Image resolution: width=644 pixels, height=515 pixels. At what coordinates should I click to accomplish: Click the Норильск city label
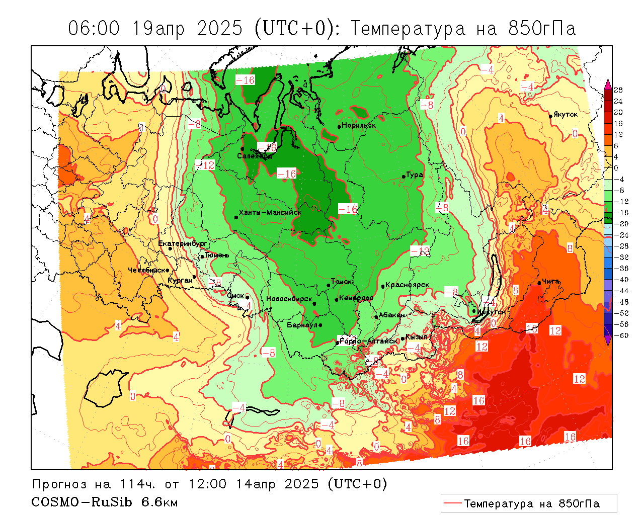(359, 125)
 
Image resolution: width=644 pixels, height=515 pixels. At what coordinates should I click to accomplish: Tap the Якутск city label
(566, 114)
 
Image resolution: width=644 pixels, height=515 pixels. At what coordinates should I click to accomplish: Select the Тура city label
(415, 175)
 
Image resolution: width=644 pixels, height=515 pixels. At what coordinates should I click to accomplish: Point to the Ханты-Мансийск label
(270, 213)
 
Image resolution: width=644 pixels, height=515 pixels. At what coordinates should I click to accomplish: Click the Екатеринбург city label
(183, 243)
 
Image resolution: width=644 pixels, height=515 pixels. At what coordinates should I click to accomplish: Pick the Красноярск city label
(408, 285)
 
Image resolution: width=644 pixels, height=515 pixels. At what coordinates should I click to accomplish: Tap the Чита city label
(550, 282)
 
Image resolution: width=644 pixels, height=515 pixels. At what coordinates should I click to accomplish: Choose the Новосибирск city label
(289, 299)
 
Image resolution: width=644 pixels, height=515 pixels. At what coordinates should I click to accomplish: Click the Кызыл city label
(417, 337)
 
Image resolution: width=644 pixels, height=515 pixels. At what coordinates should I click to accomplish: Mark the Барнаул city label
(302, 325)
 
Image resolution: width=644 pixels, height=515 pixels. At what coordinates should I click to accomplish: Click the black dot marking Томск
(329, 285)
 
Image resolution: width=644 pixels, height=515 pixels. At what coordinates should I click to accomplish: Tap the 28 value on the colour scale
(618, 90)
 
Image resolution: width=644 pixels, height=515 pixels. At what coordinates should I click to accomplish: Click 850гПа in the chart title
(542, 29)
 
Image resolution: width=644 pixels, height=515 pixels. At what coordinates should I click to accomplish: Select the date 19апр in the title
(159, 29)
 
